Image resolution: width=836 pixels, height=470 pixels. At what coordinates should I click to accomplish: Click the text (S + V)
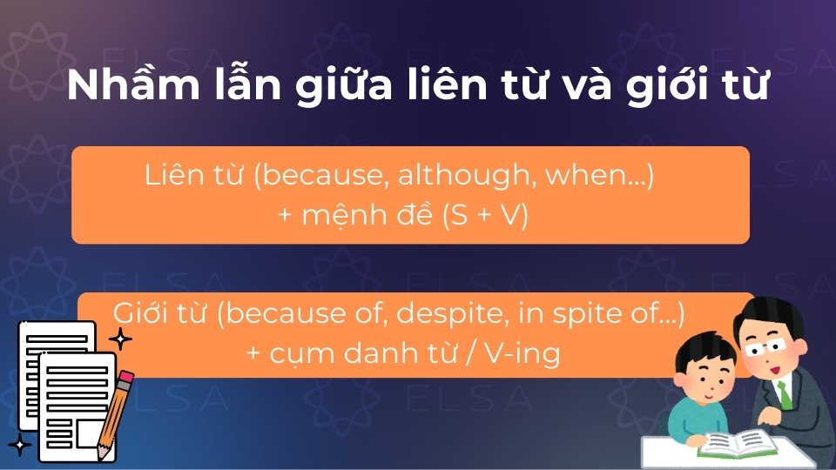[x=485, y=216]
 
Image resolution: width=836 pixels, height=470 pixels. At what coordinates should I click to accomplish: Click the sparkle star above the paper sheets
[x=120, y=339]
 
